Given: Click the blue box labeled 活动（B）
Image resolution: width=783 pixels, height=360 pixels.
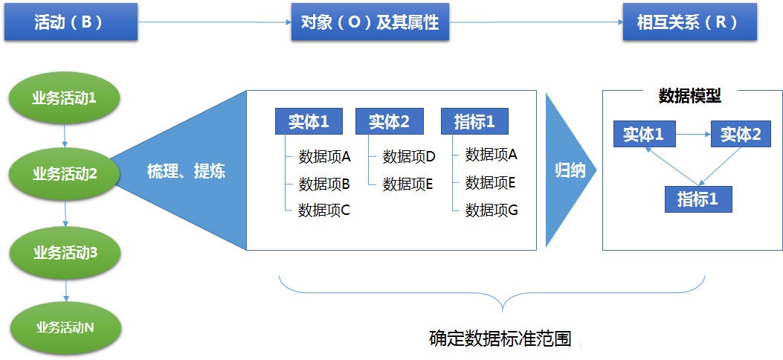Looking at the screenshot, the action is point(71,22).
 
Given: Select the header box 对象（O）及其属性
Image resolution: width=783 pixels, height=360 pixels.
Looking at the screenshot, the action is point(370,22).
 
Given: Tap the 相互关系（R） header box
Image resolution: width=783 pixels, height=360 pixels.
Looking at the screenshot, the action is point(689,22).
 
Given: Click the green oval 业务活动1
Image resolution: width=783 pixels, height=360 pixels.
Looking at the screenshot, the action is point(65,98).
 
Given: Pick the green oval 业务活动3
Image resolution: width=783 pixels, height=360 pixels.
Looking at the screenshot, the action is point(65,253).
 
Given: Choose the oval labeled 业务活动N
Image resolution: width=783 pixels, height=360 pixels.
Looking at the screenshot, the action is point(65,327).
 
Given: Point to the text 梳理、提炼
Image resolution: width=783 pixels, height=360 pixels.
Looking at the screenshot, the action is point(186,171).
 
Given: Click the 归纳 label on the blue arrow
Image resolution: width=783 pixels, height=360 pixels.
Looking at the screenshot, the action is point(570,171).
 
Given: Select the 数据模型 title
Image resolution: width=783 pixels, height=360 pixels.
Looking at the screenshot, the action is point(689,96).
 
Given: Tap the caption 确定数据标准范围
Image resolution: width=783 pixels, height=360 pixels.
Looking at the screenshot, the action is point(500,338).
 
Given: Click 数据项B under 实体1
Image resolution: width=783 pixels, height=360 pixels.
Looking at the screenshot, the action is point(324,184).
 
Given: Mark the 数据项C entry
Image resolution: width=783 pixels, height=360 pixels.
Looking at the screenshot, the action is point(324,210).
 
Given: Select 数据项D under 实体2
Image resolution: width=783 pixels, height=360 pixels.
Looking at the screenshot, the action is point(410,157).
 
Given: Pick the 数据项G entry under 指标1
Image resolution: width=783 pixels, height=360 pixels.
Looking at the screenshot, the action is point(492,210).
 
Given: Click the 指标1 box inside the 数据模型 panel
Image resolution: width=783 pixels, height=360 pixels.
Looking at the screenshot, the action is point(698,199).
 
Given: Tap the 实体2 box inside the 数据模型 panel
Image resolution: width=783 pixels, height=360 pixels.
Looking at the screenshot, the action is point(741,134).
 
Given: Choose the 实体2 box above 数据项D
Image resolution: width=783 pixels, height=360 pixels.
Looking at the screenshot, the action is point(390,121).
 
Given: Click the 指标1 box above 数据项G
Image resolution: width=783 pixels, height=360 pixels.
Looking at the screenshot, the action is point(474,121).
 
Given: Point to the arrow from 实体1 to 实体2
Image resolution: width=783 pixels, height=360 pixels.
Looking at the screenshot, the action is point(693,134).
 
